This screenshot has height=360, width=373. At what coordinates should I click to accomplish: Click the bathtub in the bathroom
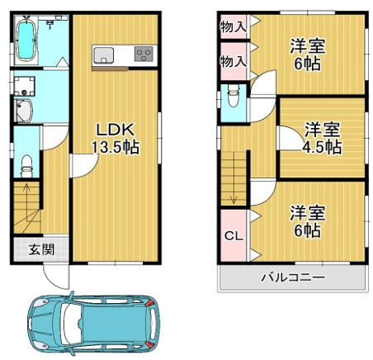(x=26, y=40)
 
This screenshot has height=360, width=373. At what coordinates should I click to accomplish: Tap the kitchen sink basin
(x=103, y=55)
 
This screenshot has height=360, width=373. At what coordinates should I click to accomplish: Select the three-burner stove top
(x=144, y=54)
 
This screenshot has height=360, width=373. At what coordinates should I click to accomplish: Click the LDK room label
(x=115, y=130)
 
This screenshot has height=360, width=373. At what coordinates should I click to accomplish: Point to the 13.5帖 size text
(x=116, y=147)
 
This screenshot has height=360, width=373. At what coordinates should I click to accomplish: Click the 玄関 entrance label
(x=42, y=249)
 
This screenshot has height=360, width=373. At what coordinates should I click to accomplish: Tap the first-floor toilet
(x=26, y=166)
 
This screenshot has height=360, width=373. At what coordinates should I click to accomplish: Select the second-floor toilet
(x=234, y=95)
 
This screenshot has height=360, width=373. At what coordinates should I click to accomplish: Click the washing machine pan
(x=25, y=86)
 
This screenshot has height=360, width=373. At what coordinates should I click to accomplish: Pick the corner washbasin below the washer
(x=24, y=111)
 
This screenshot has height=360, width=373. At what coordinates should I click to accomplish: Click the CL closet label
(x=234, y=236)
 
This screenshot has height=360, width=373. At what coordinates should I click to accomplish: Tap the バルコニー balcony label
(x=293, y=277)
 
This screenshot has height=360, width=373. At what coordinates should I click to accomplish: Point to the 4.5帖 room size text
(x=322, y=147)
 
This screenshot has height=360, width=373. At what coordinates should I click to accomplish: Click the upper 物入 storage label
(x=233, y=27)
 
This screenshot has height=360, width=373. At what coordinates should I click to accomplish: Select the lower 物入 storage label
(x=233, y=61)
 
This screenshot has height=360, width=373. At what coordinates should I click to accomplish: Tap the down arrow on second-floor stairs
(x=234, y=178)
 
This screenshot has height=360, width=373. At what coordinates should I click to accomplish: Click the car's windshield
(x=72, y=324)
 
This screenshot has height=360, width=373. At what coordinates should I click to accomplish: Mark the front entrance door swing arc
(x=52, y=282)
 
